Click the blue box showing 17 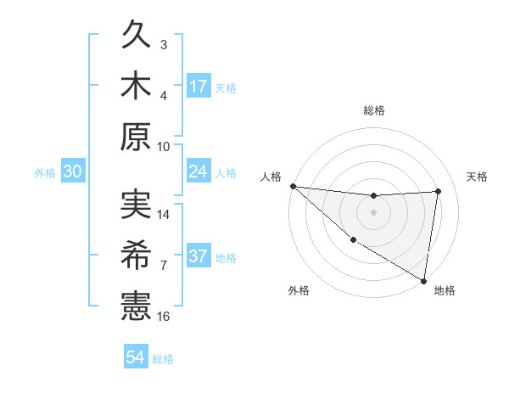(199, 86)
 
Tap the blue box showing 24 (199, 171)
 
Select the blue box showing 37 (199, 256)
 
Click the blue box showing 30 (72, 171)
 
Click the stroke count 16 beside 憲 (165, 316)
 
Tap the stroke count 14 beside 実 (165, 215)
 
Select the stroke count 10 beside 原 (165, 146)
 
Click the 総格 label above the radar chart (374, 110)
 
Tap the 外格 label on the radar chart (299, 290)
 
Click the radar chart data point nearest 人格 (293, 186)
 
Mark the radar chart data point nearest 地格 (423, 280)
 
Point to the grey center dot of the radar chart (373, 212)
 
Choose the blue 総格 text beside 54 (163, 359)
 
